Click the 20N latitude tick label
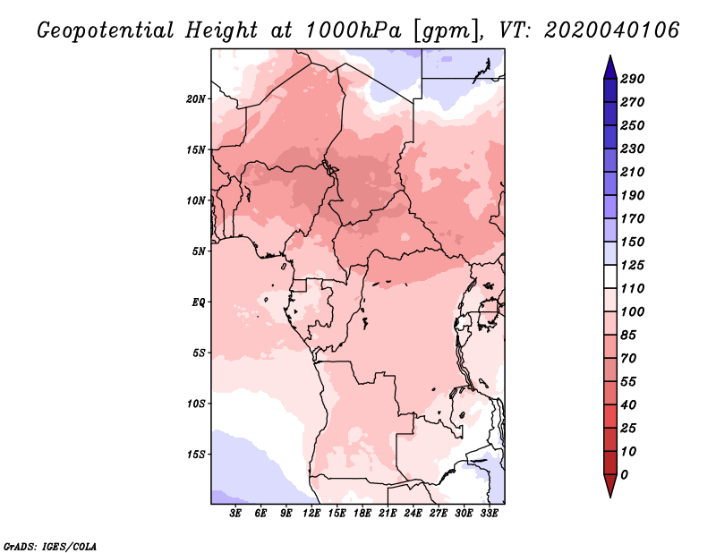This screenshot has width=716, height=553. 195,99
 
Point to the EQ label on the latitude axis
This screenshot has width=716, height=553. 198,302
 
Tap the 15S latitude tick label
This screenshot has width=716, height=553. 195,455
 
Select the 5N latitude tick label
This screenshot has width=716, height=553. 199,251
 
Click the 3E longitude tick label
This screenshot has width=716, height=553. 235,514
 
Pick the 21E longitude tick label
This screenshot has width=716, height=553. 388,514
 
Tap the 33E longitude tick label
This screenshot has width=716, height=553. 489,514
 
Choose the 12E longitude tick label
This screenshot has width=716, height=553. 311,514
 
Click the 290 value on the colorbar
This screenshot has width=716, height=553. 633,79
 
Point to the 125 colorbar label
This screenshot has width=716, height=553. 633,265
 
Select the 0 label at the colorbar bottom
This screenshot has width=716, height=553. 624,475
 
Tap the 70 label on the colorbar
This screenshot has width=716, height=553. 628,359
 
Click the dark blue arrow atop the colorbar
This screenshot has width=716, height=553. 610,68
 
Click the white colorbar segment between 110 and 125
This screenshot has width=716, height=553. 610,276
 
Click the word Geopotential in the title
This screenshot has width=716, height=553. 106,31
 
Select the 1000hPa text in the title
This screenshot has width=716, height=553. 353,30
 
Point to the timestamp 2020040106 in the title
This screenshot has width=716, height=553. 612,30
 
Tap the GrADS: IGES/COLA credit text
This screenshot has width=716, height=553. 50,547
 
